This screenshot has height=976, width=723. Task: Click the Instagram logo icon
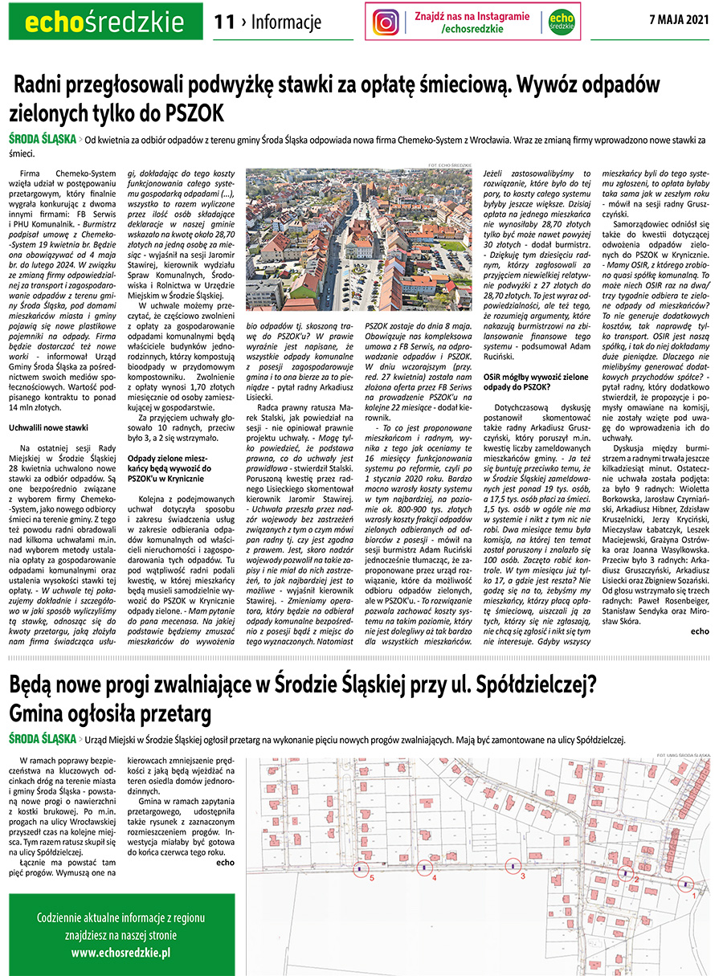pyautogui.click(x=386, y=22)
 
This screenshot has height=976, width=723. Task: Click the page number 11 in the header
pyautogui.click(x=224, y=22)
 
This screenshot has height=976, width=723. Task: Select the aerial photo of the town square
pyautogui.click(x=358, y=238)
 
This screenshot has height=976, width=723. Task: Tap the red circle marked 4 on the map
pyautogui.click(x=425, y=868)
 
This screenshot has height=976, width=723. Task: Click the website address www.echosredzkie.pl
pyautogui.click(x=120, y=952)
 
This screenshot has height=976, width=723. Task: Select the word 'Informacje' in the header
pyautogui.click(x=286, y=22)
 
